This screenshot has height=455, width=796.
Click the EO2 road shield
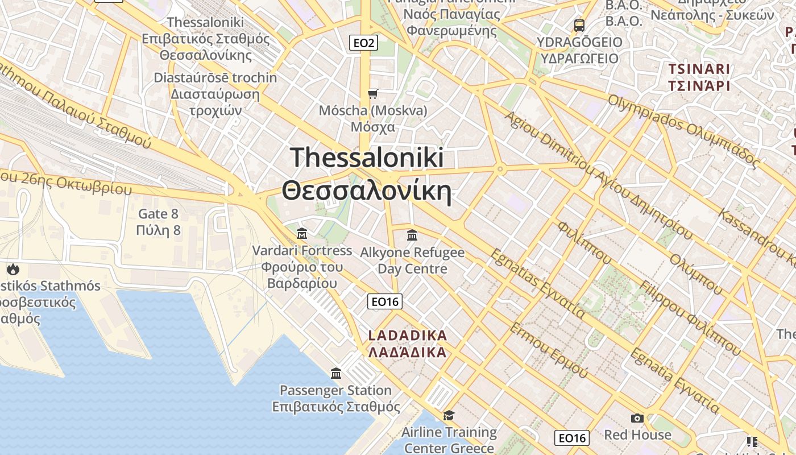click(363, 43)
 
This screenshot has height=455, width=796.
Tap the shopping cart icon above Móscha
click(372, 94)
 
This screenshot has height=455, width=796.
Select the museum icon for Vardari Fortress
click(302, 234)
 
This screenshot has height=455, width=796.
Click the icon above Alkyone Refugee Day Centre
click(412, 235)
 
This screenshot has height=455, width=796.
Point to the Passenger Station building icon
click(336, 374)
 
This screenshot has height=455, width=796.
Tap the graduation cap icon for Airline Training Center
click(449, 415)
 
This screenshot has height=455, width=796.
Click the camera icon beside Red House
click(637, 419)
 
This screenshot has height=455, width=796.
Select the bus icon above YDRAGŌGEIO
click(579, 25)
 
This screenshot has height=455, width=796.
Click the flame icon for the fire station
click(13, 269)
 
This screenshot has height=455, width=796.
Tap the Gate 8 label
click(159, 214)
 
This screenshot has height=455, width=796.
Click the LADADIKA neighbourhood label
click(407, 336)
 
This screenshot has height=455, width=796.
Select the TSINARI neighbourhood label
click(699, 69)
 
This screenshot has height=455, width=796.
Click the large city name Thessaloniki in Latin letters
click(367, 158)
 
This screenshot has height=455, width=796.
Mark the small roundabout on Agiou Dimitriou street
click(500, 168)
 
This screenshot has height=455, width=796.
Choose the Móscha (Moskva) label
click(372, 110)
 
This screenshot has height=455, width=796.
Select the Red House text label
click(637, 435)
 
